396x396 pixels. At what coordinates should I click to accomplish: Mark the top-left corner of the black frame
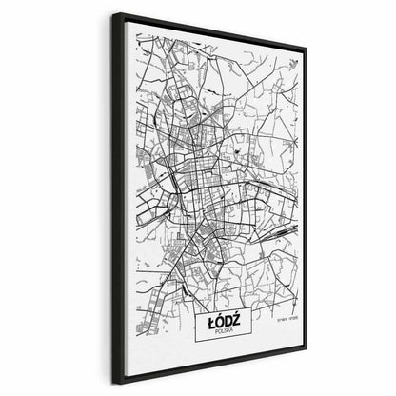click(x=113, y=13)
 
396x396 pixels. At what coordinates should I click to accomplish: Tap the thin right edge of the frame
click(x=304, y=200)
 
